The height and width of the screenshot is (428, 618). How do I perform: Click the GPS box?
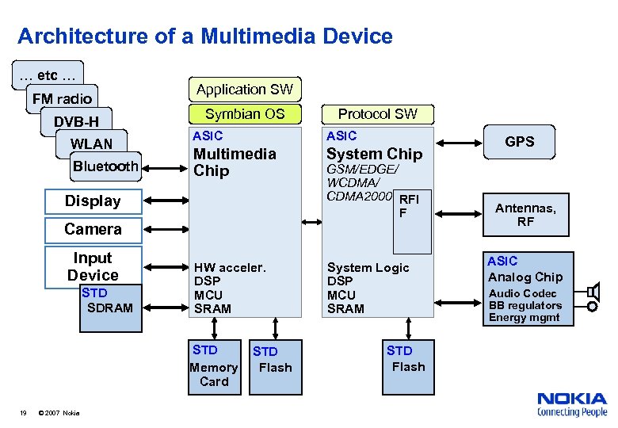(520, 142)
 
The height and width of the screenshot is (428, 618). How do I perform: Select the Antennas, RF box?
(525, 215)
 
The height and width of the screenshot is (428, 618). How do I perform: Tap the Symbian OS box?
(244, 113)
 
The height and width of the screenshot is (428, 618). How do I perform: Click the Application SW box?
(244, 90)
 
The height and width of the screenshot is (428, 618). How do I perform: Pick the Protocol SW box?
(377, 113)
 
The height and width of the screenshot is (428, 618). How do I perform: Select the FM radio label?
(62, 99)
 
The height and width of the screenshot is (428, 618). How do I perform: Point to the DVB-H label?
(76, 121)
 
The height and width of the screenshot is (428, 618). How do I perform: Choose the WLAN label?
(92, 143)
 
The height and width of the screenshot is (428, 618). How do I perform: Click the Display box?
(93, 201)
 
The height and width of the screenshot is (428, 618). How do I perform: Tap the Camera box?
(93, 229)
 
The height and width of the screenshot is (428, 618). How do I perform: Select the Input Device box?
(93, 266)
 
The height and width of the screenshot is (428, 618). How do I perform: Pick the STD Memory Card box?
(213, 365)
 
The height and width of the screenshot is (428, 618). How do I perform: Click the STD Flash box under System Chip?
(408, 359)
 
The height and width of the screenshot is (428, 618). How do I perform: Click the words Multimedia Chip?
(235, 162)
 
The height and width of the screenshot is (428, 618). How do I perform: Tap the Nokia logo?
(571, 403)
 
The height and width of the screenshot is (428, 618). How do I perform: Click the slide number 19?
(24, 411)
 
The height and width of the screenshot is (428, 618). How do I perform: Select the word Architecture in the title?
(72, 36)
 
